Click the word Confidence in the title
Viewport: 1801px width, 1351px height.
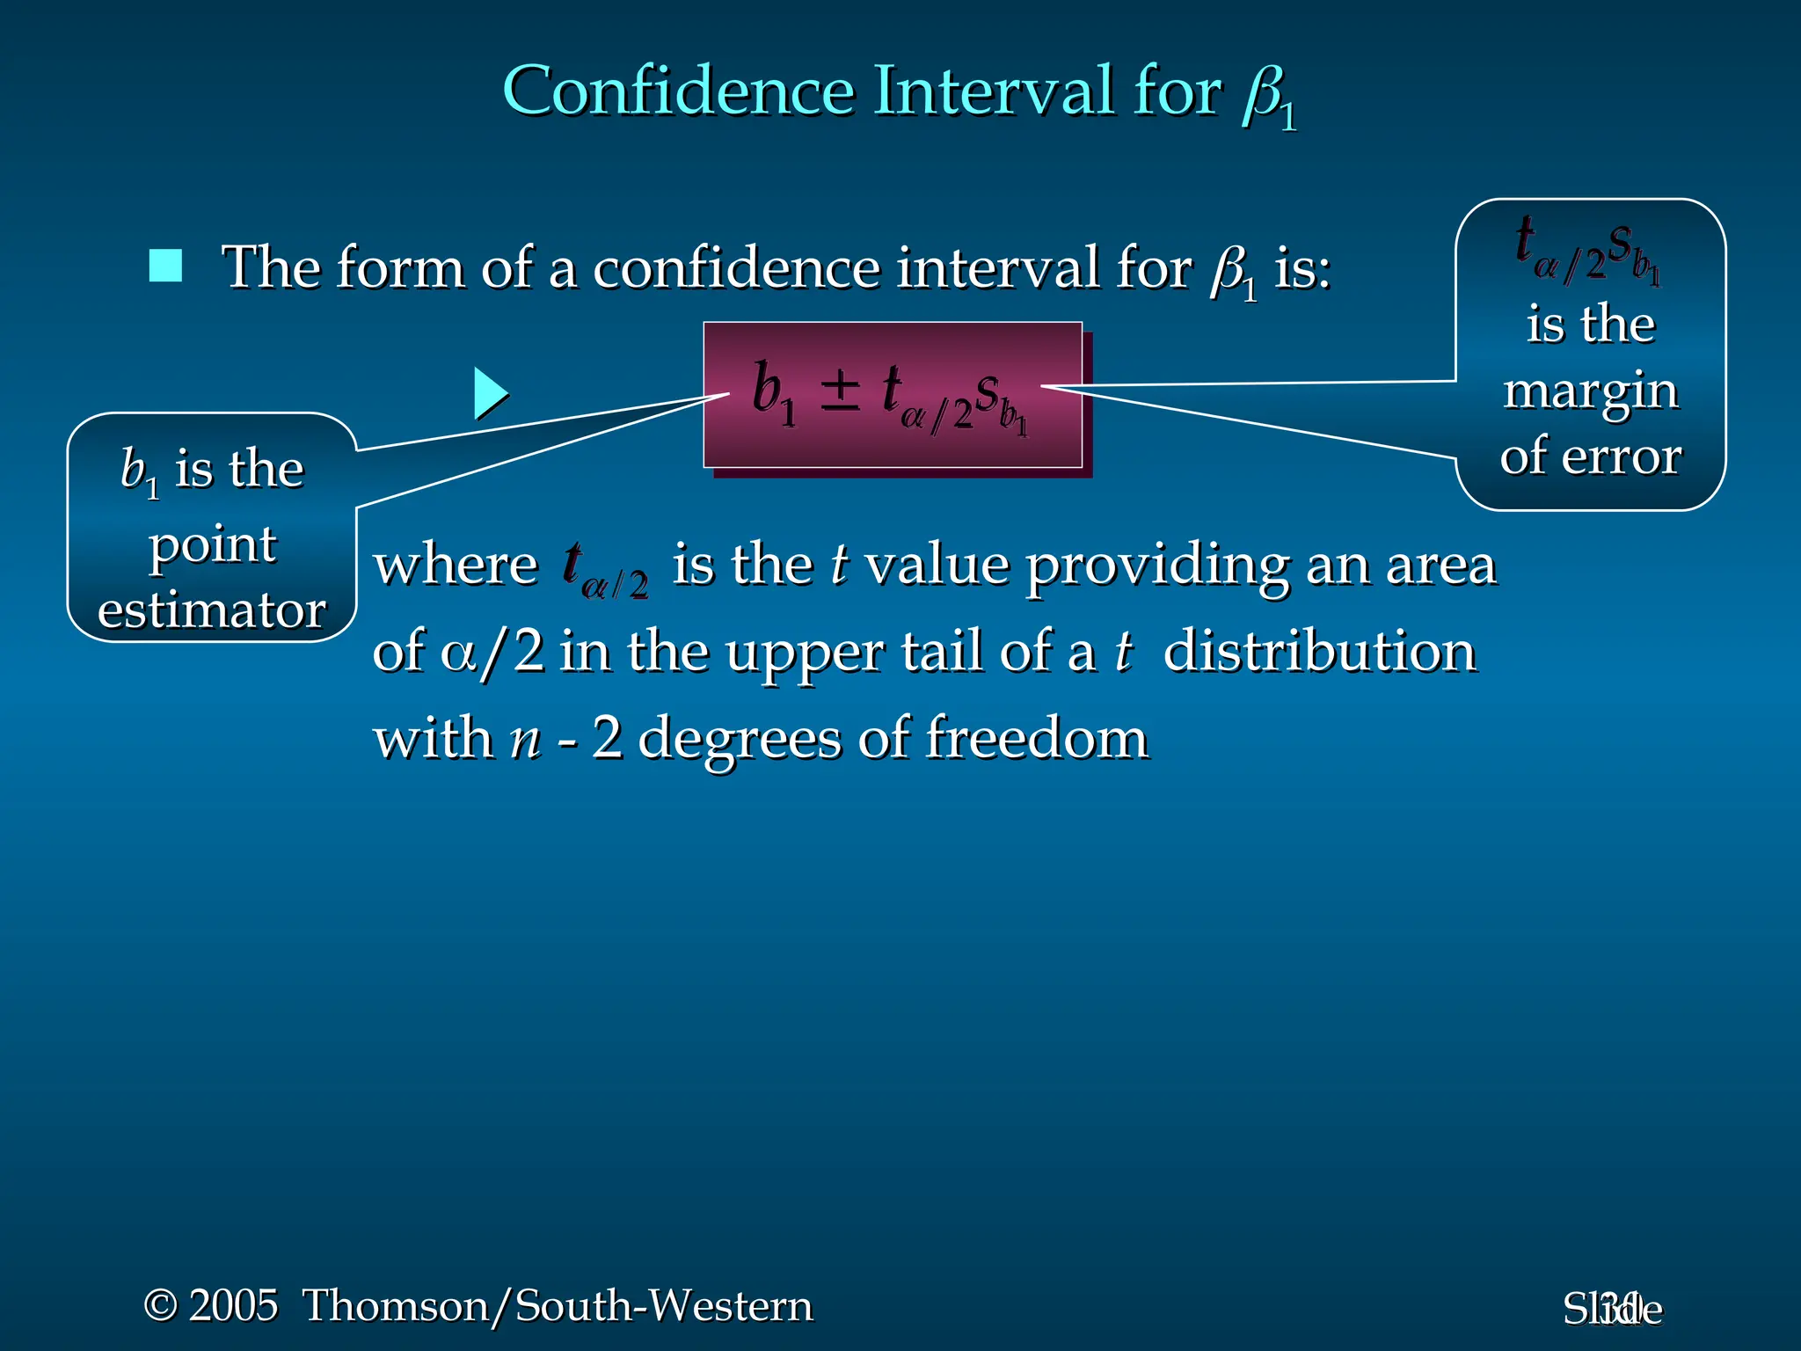[x=678, y=91]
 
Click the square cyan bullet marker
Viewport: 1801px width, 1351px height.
[x=165, y=266]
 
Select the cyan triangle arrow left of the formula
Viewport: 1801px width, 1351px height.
[x=490, y=393]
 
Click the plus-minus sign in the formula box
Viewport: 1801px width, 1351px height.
[x=840, y=391]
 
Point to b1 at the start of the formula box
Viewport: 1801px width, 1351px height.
[x=773, y=393]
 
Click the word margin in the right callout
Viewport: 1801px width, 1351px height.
[x=1590, y=392]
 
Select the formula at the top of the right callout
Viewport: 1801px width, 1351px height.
[x=1588, y=251]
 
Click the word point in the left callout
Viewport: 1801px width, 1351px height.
[x=213, y=546]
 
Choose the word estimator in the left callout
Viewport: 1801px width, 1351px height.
[x=212, y=610]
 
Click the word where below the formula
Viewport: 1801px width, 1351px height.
[x=456, y=566]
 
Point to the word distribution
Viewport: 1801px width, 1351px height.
[x=1319, y=653]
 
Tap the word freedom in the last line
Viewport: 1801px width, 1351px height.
[x=1038, y=738]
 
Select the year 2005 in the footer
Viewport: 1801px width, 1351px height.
[x=233, y=1305]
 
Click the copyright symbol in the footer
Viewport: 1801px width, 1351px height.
[x=160, y=1305]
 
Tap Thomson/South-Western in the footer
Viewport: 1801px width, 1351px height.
[x=558, y=1305]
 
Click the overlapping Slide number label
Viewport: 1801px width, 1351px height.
[x=1612, y=1309]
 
